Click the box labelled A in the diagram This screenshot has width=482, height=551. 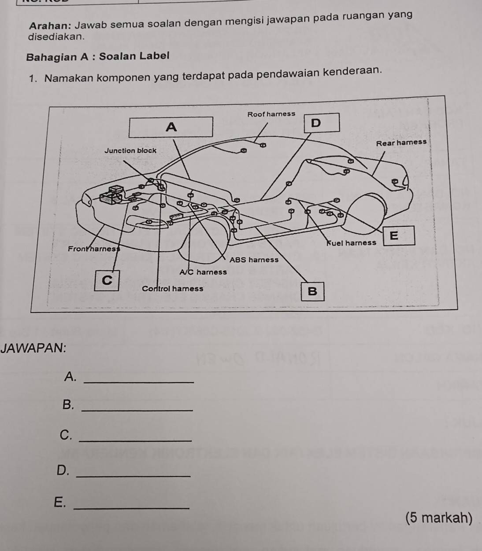pos(171,127)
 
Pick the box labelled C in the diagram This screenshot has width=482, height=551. pos(107,280)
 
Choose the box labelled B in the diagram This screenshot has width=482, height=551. pos(312,291)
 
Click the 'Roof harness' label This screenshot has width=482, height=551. pos(271,114)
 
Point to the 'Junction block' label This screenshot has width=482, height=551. pos(130,151)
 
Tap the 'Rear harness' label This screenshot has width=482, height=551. pos(401,143)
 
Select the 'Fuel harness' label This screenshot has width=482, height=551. pos(351,242)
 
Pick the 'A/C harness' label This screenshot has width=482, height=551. pos(203,272)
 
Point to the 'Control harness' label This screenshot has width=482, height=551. pos(173,289)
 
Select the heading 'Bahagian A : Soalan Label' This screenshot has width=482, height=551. pos(98,56)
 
